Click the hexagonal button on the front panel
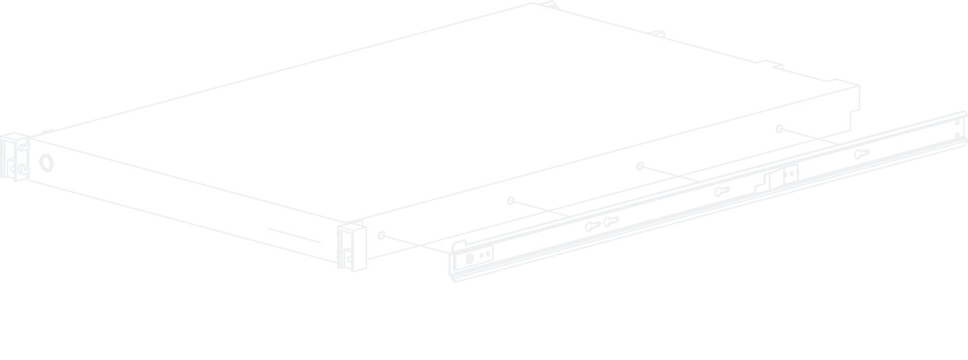[46, 161]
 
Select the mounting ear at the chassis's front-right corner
[352, 246]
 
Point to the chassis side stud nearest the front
[381, 235]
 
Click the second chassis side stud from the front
[510, 201]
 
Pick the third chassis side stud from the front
[640, 166]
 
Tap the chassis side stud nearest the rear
[779, 129]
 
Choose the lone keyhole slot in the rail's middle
[722, 191]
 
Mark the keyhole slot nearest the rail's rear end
[861, 154]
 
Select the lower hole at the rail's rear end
[957, 135]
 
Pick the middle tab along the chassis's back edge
[657, 33]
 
